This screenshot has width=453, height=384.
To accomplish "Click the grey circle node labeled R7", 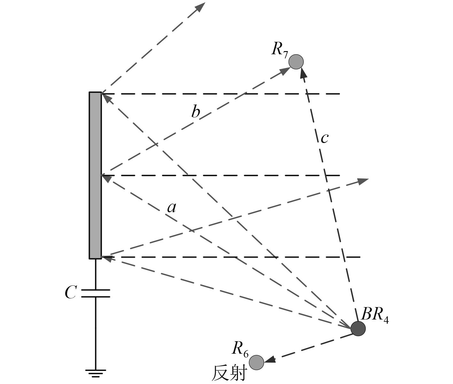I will click(x=296, y=62).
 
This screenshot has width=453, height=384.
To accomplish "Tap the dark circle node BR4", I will click(x=358, y=328).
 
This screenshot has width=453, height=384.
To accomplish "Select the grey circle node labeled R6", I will click(x=256, y=362).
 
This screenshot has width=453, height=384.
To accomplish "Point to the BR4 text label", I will click(x=374, y=315).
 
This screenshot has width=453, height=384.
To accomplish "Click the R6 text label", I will click(x=240, y=348).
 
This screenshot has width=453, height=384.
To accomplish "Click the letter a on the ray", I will click(x=172, y=208).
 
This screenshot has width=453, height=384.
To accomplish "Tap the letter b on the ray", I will click(x=195, y=112).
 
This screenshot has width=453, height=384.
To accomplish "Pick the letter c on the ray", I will click(x=324, y=138).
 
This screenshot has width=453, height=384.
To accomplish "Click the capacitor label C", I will click(x=70, y=292).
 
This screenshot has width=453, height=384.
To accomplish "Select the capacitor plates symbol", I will click(x=96, y=293).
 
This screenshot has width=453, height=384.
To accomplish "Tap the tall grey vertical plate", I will click(x=95, y=175).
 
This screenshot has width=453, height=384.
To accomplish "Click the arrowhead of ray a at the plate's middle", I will click(x=106, y=178).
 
